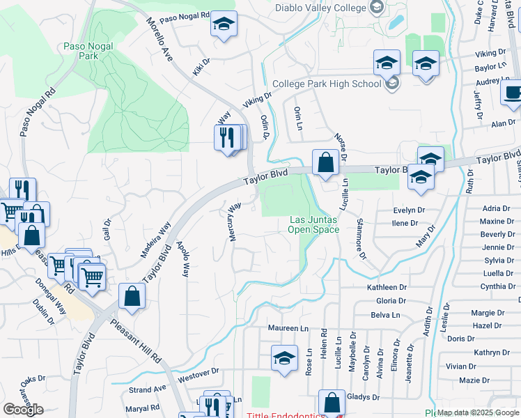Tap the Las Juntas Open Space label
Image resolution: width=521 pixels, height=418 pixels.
313,224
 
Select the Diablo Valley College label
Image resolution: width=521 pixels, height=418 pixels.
320,8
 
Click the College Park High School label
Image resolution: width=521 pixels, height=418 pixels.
327,84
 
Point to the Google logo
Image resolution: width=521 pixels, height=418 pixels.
23,410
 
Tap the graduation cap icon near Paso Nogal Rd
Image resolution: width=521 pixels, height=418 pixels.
224,24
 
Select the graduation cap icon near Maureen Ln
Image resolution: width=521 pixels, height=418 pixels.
284,358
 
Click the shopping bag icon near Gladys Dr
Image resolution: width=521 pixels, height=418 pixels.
332,403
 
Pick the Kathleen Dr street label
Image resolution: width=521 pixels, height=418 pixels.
387,287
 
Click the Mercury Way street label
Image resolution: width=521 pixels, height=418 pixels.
235,222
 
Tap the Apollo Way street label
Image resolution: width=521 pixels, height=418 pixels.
183,259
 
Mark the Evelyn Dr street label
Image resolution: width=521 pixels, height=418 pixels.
409,210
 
